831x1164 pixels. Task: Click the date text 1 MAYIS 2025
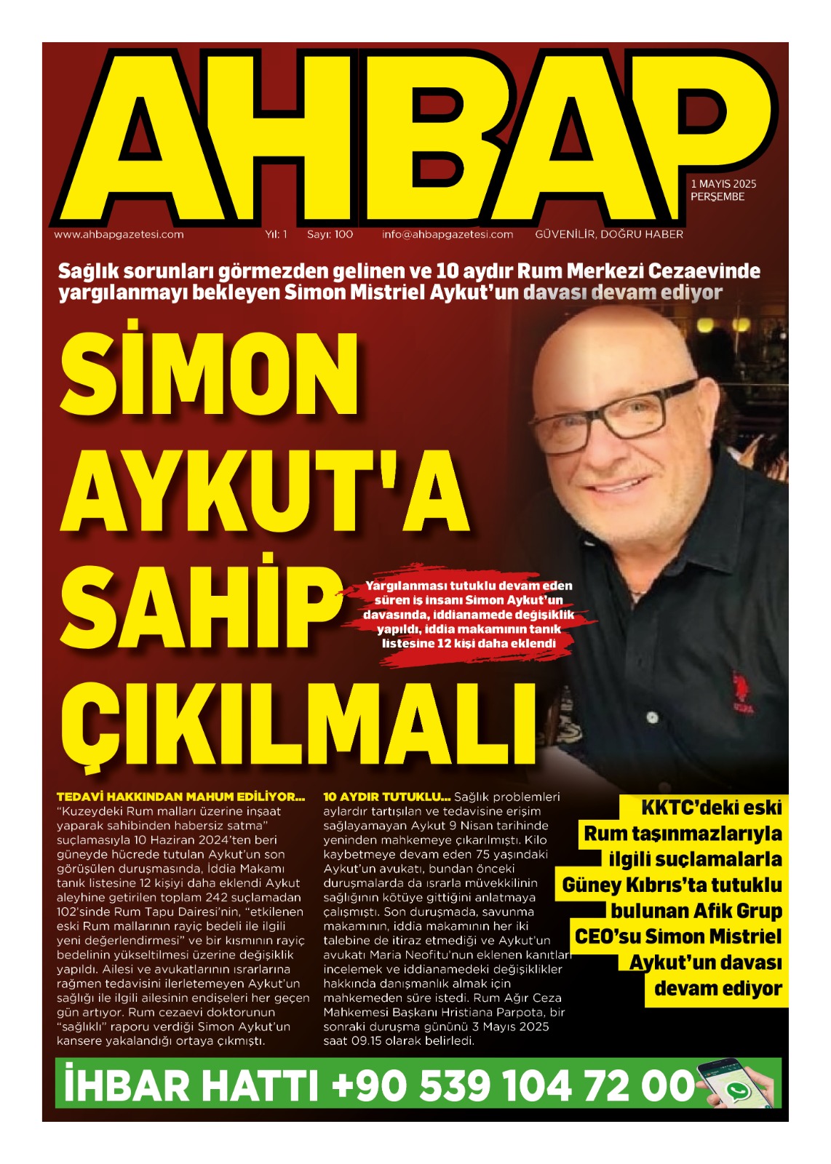pyautogui.click(x=723, y=184)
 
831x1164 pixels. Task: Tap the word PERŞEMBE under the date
pyautogui.click(x=717, y=197)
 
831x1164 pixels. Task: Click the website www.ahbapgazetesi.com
pyautogui.click(x=119, y=234)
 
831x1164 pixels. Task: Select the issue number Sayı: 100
pyautogui.click(x=330, y=234)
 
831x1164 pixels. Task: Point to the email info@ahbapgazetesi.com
pyautogui.click(x=448, y=234)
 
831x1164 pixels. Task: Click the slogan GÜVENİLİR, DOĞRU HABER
pyautogui.click(x=609, y=234)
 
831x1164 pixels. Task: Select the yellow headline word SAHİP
pyautogui.click(x=202, y=610)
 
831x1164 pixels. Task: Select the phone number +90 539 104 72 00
pyautogui.click(x=512, y=1085)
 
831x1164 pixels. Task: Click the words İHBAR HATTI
pyautogui.click(x=191, y=1085)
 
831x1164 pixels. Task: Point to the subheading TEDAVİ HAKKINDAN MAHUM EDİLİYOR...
pyautogui.click(x=180, y=797)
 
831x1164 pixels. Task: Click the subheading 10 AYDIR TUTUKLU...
pyautogui.click(x=386, y=797)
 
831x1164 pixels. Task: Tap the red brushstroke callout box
pyautogui.click(x=468, y=615)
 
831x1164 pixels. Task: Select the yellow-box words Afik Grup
pyautogui.click(x=737, y=911)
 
